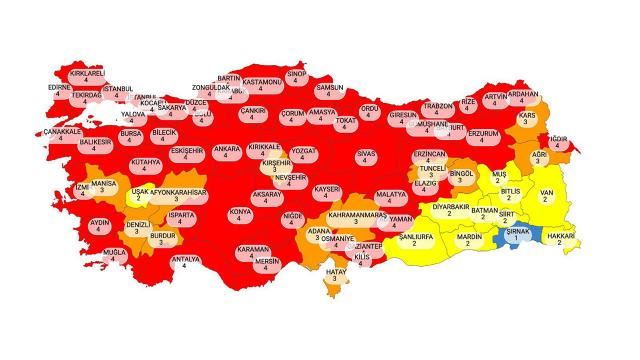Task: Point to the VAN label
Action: coord(545,195)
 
